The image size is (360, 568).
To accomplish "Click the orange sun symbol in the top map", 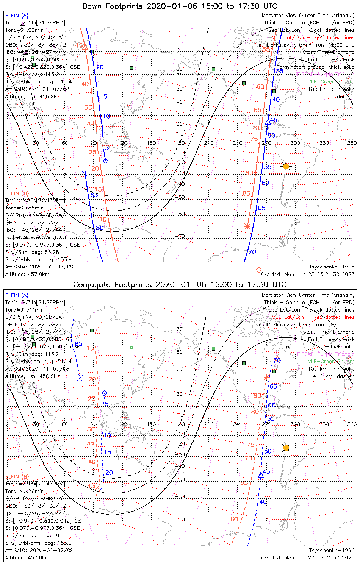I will coord(286,166).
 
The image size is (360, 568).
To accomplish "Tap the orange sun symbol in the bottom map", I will coord(286,448).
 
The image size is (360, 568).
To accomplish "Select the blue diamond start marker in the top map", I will coord(106,161).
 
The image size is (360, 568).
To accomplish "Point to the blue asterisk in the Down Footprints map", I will coord(85,174).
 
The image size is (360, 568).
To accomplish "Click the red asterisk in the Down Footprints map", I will coord(247,227).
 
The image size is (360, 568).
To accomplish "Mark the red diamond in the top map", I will coord(259,270).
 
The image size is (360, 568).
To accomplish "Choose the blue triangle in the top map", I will coord(268,122).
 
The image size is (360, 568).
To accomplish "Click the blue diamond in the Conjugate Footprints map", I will coord(105,393).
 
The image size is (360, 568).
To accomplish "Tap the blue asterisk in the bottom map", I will coord(80,378).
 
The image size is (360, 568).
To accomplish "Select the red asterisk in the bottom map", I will coord(266,377).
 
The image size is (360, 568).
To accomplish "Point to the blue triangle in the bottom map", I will coord(261,475).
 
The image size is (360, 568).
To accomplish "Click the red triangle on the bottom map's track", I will coord(97,489).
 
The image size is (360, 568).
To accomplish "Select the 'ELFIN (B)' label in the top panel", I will coord(17,193).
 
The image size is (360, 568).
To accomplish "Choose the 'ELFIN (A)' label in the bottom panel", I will coord(17,295).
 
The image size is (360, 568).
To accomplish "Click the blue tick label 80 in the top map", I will coord(99,228).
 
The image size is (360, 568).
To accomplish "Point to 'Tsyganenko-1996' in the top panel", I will coord(332,267).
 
